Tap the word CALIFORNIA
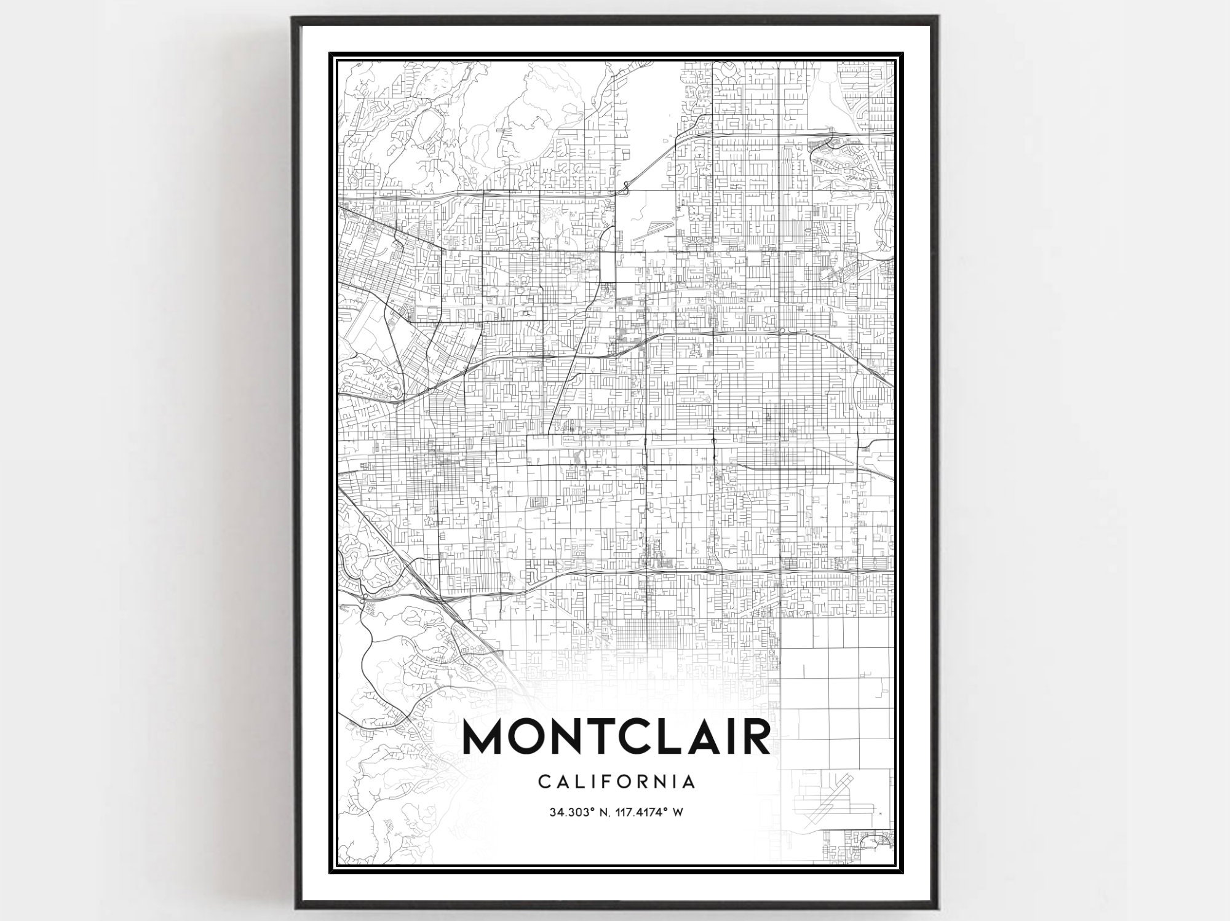[x=617, y=781]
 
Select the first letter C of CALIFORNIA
[x=544, y=781]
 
